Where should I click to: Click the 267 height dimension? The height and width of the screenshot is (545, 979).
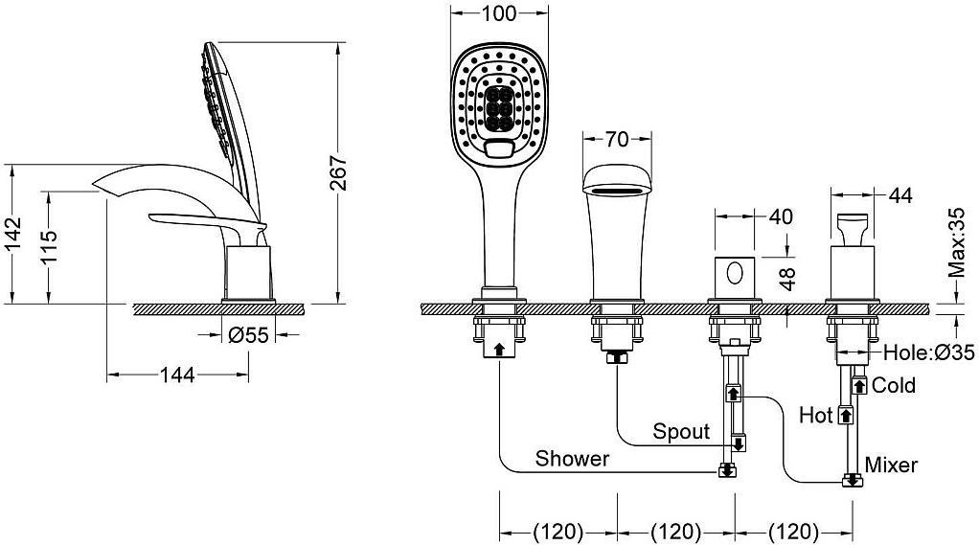(x=338, y=173)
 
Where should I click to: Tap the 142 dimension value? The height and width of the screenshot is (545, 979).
(x=13, y=234)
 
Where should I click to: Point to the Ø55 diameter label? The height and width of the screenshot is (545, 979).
(x=248, y=335)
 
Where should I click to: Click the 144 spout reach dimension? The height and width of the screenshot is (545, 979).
(x=178, y=375)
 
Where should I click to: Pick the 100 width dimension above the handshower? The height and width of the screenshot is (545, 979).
(x=499, y=13)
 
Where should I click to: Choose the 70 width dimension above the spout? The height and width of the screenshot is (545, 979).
(x=617, y=139)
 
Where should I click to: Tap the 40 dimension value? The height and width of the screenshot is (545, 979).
(x=781, y=216)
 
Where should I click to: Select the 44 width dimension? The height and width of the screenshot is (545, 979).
(x=899, y=196)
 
